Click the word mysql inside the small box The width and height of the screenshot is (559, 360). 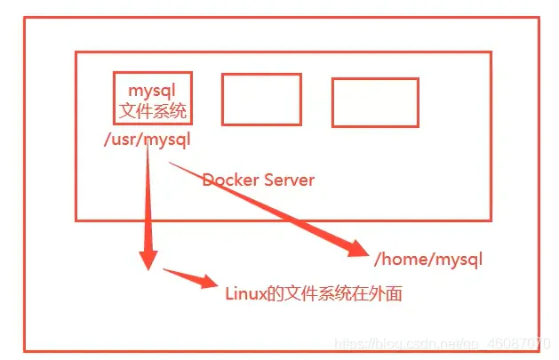click(x=153, y=91)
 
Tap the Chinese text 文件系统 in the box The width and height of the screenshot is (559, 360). click(x=153, y=111)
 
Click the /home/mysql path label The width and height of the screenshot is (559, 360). click(x=427, y=259)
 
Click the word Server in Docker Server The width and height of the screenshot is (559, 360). click(x=288, y=180)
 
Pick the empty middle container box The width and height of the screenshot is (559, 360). click(x=261, y=99)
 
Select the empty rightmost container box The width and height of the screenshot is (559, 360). click(x=374, y=102)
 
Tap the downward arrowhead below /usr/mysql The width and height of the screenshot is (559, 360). click(x=148, y=256)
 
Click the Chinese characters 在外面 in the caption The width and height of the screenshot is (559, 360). click(x=379, y=292)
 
